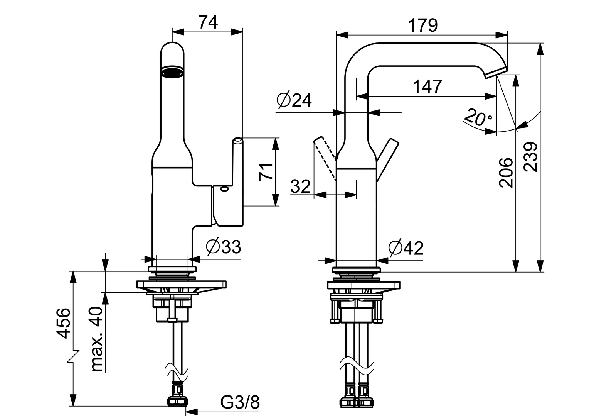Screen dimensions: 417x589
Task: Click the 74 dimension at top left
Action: click(208, 22)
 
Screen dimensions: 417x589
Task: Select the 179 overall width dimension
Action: click(423, 25)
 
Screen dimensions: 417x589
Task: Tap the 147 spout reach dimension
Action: click(427, 86)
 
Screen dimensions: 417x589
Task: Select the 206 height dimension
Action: click(506, 173)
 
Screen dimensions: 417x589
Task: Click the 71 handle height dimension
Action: click(266, 171)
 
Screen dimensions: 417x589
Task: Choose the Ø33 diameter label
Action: click(224, 246)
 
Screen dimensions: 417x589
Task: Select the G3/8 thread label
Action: click(240, 403)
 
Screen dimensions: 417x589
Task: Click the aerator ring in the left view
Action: click(172, 72)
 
